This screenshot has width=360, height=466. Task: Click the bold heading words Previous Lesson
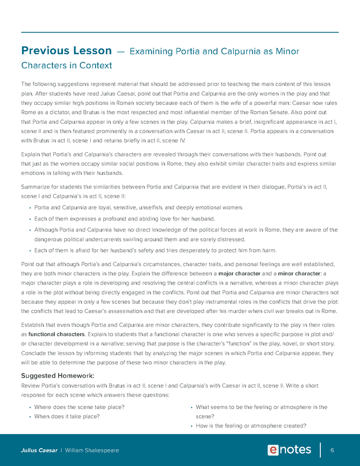pos(66,51)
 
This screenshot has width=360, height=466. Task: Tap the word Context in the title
pos(96,66)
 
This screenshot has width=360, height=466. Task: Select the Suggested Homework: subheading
pos(58,375)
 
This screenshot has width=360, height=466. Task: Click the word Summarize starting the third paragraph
pos(36,187)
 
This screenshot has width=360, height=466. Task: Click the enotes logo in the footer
pos(289,450)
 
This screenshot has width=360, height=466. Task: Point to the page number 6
pos(332,450)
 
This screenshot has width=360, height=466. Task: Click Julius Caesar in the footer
pos(39,450)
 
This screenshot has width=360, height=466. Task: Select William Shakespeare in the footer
pos(92,450)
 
